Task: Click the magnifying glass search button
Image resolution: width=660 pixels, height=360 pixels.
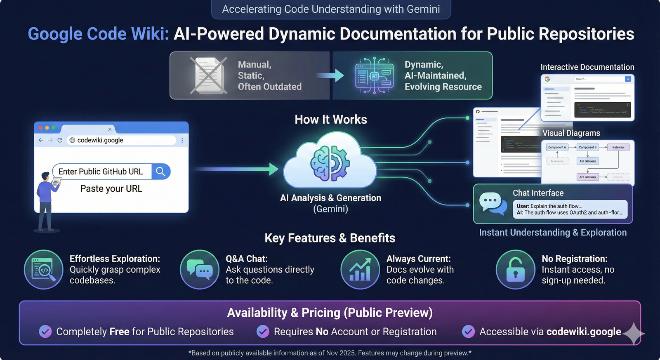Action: (160, 172)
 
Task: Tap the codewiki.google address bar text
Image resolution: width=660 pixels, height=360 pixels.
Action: (100, 140)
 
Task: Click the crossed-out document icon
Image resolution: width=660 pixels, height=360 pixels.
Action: (209, 75)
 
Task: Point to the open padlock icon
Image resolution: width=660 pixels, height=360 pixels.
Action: (515, 270)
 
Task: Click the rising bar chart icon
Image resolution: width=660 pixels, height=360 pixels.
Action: (360, 270)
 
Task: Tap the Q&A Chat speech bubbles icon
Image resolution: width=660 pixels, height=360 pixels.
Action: (200, 270)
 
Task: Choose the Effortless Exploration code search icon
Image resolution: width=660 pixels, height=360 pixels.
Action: (43, 270)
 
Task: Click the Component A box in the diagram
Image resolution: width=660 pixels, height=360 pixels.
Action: (557, 147)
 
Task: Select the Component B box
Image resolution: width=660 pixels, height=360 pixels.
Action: (587, 147)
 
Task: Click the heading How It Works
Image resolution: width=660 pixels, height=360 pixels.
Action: (331, 120)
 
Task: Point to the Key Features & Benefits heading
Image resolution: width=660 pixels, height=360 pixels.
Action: (330, 238)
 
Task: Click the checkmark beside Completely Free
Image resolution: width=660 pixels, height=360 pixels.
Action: (45, 332)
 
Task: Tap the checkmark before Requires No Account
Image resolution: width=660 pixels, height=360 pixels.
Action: (263, 332)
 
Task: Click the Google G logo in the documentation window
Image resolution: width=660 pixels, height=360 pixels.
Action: (547, 79)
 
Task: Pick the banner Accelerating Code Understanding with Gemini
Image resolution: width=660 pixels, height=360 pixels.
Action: (331, 9)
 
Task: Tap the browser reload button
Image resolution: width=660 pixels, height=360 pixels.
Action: (60, 140)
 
